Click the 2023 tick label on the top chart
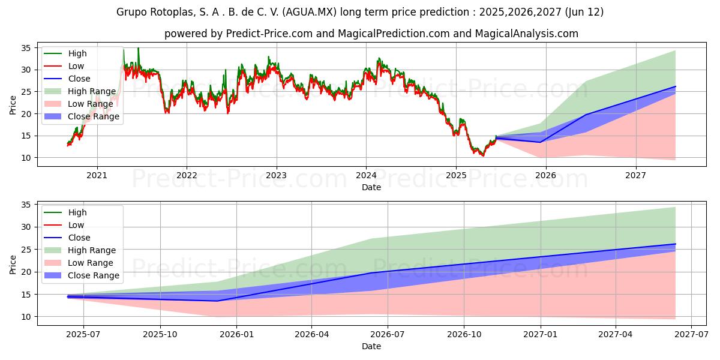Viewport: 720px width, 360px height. (x=276, y=176)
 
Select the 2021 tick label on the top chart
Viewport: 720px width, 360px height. (x=97, y=176)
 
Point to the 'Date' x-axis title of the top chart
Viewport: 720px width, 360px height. (x=371, y=187)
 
